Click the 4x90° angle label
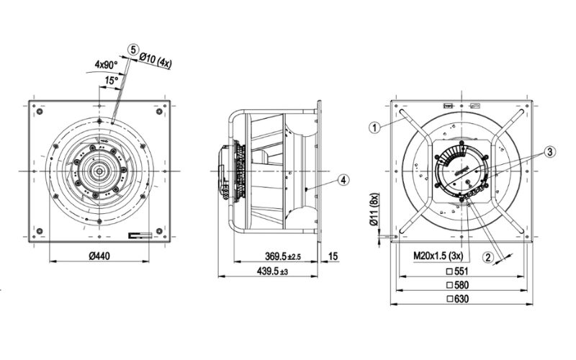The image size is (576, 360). click(105, 64)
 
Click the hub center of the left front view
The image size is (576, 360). click(99, 171)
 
